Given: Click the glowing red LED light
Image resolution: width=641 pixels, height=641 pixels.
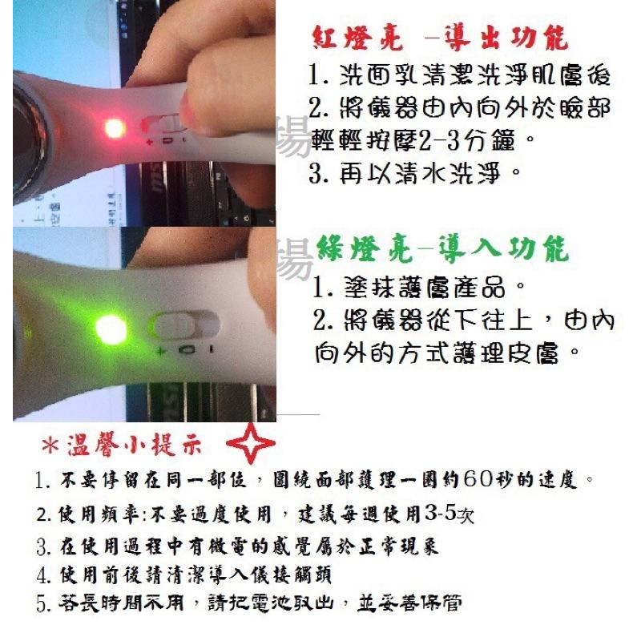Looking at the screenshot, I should click(x=111, y=127).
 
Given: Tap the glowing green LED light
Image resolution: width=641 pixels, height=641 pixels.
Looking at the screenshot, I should click(x=110, y=327).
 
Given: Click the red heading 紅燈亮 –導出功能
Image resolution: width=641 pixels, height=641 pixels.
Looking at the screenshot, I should click(x=440, y=38).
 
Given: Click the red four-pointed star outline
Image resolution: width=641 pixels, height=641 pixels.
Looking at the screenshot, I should click(x=251, y=443).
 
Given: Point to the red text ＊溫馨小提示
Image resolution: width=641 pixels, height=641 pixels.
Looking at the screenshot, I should click(x=121, y=445).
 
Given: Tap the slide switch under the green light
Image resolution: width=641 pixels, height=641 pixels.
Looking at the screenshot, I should click(x=187, y=327).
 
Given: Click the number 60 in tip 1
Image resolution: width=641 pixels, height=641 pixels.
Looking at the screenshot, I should click(x=506, y=480).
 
